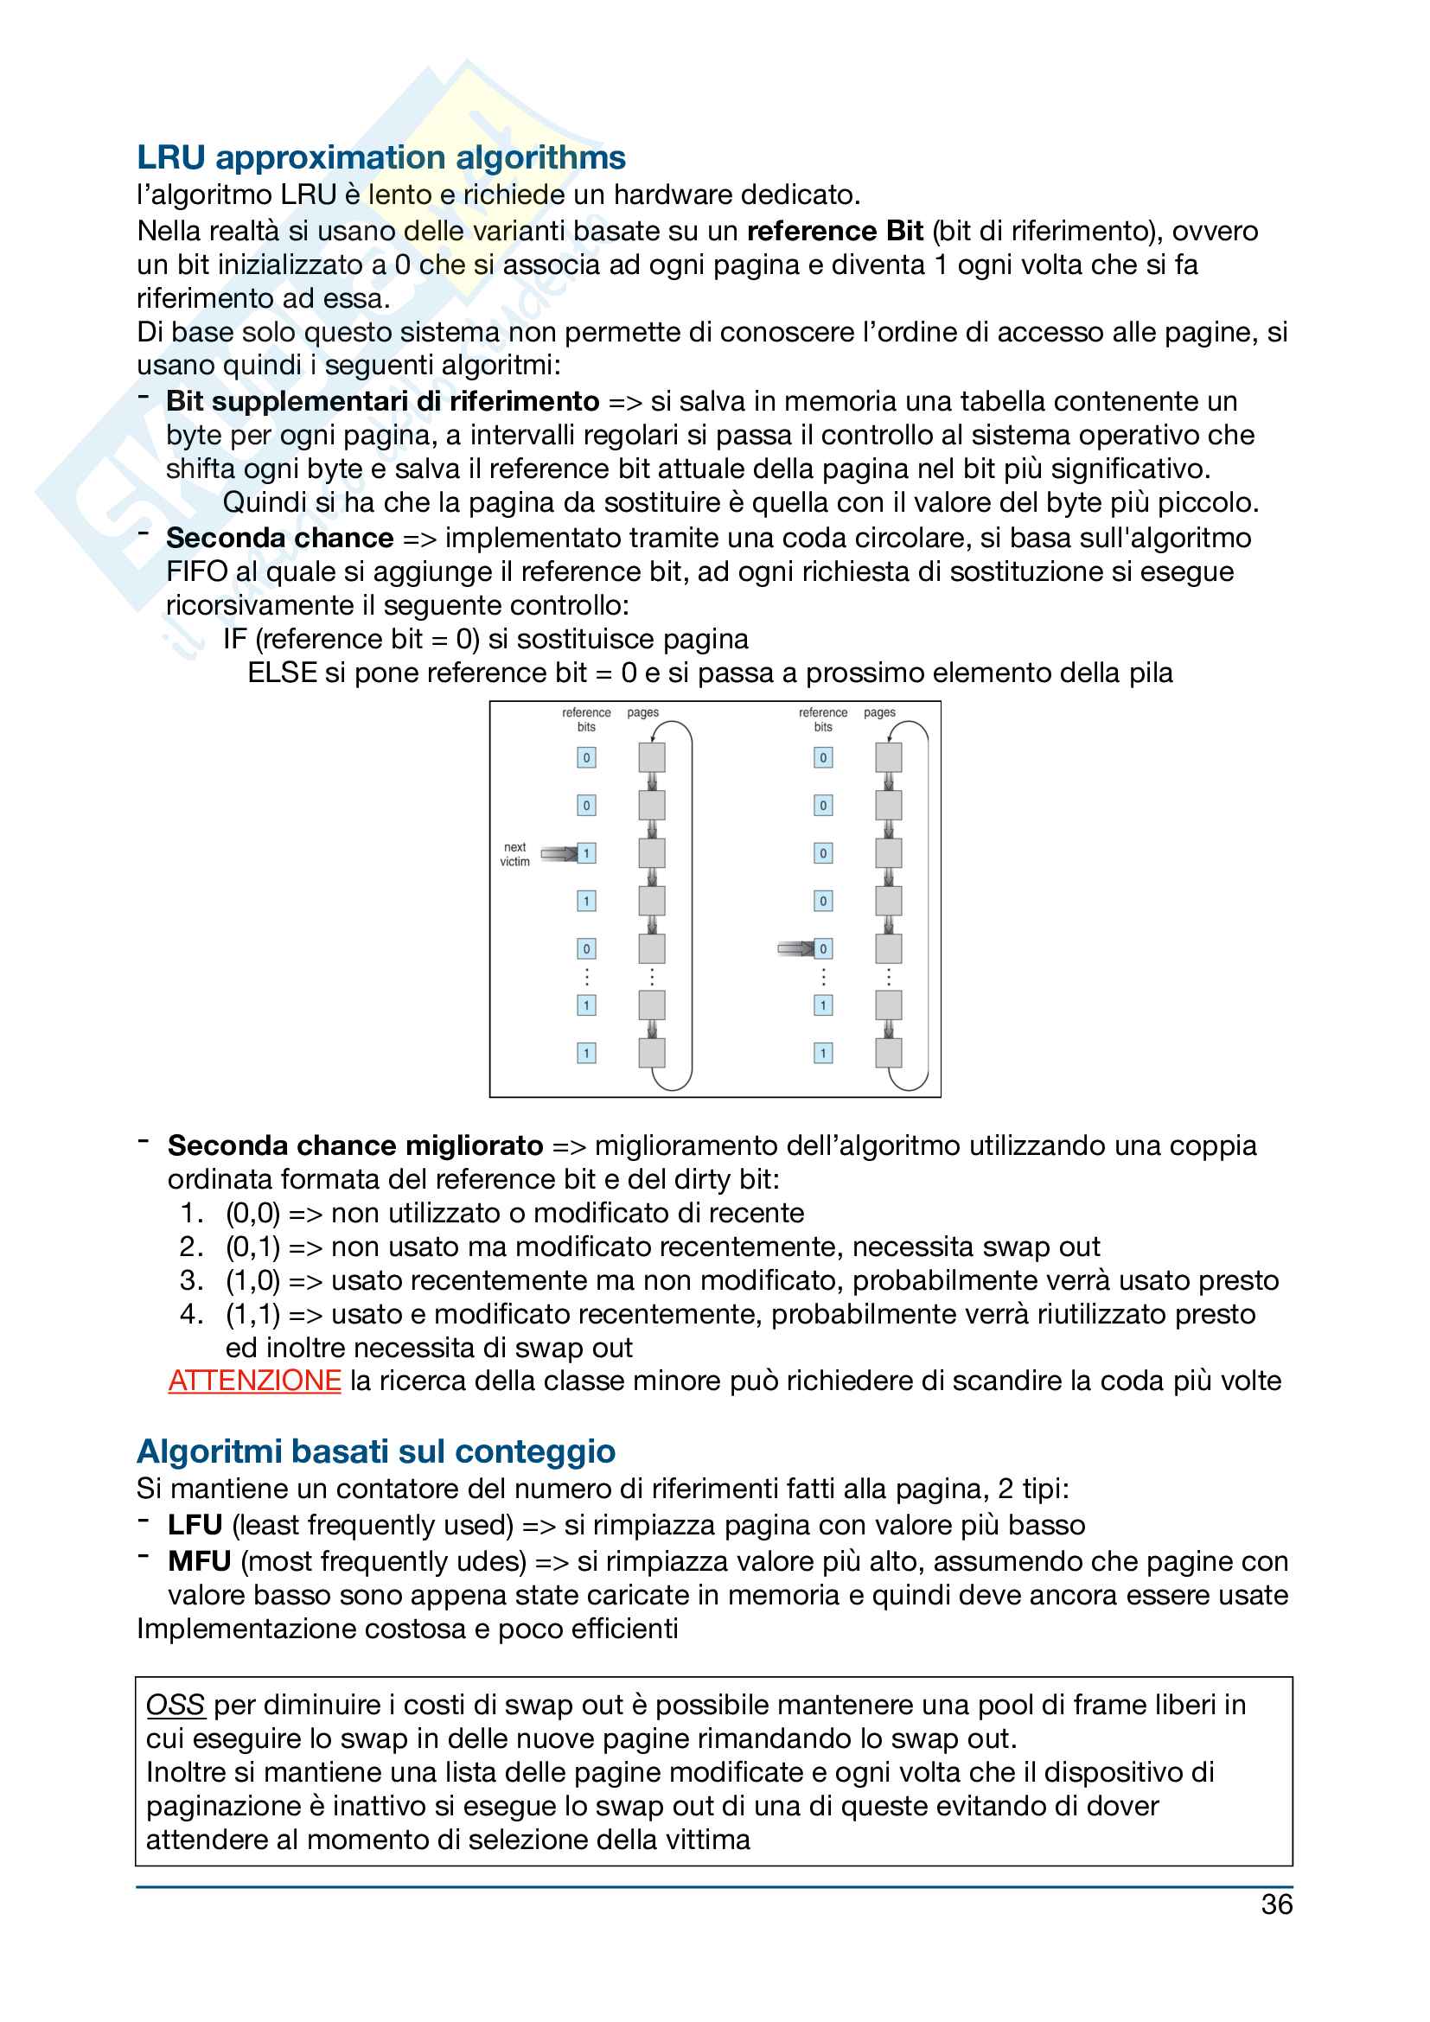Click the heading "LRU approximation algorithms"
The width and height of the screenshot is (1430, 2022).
click(380, 157)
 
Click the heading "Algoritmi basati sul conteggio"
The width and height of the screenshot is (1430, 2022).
click(376, 1451)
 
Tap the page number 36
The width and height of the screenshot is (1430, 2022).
click(1276, 1904)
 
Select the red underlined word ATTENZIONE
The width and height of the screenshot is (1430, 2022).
click(254, 1380)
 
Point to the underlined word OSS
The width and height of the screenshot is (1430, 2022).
click(176, 1704)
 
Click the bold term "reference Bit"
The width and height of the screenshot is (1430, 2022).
click(833, 231)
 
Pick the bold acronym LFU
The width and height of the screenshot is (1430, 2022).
click(195, 1524)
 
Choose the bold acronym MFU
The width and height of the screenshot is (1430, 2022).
click(199, 1560)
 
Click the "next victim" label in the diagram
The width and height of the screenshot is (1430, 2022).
click(515, 854)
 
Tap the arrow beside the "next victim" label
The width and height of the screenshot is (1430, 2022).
click(558, 853)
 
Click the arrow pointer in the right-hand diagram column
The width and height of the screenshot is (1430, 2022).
click(795, 948)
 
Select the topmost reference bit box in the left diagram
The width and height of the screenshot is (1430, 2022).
click(586, 757)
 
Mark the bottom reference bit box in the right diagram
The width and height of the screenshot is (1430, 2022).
click(823, 1053)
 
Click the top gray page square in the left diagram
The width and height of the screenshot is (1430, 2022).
click(652, 757)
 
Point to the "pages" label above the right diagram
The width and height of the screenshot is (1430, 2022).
click(878, 712)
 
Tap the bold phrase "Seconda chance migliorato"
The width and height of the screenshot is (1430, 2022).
click(354, 1145)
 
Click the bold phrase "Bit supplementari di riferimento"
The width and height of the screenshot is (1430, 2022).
click(382, 402)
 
